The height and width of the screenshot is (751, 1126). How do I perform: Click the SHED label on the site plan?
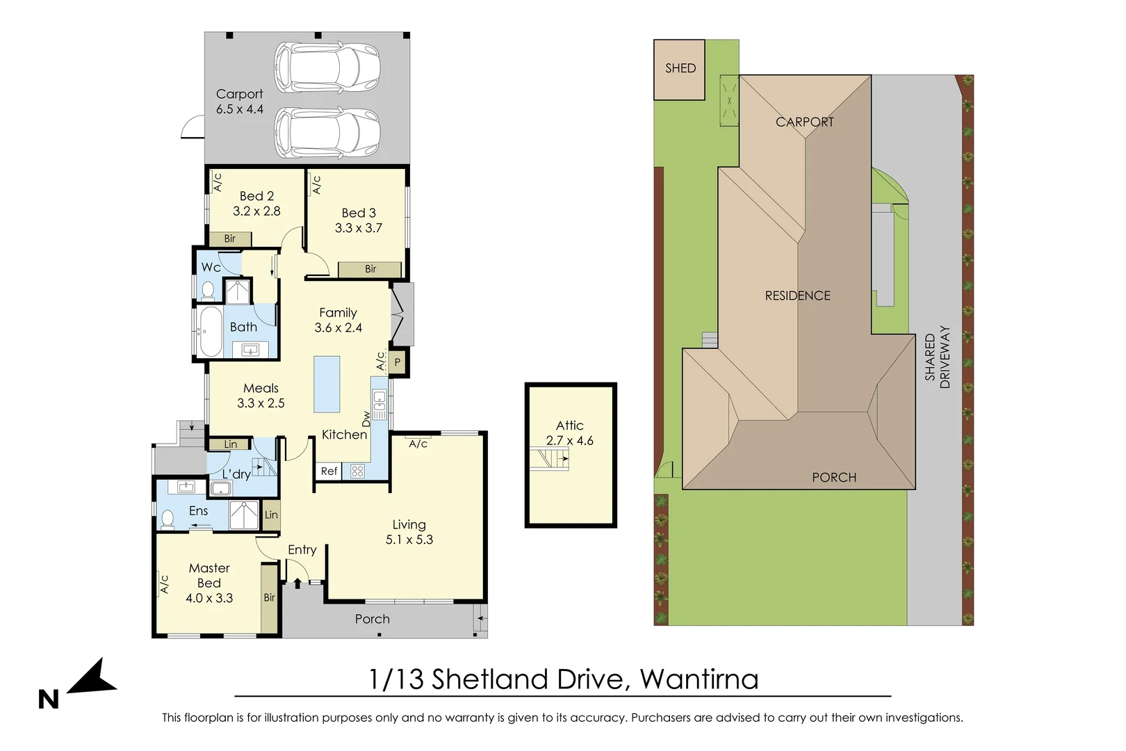[x=680, y=68]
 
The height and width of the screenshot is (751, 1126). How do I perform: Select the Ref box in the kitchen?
[x=329, y=471]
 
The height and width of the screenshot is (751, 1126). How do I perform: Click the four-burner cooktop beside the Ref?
[x=357, y=471]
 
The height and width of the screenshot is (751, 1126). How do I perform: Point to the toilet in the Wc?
[x=207, y=290]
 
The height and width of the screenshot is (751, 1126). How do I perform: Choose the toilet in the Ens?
[x=167, y=519]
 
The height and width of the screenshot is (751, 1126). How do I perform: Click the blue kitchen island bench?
[x=327, y=385]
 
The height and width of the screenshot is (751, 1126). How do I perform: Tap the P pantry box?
[x=397, y=362]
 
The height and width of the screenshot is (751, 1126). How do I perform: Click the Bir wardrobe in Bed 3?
[x=370, y=269]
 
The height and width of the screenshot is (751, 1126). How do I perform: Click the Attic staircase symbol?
[x=549, y=459]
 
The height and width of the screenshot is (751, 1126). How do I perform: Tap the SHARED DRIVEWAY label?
[x=938, y=357]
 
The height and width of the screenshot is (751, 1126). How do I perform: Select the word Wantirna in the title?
[x=699, y=679]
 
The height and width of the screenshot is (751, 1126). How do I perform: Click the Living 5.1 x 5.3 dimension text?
[x=409, y=532]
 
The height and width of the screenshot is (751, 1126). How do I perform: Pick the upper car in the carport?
[x=327, y=67]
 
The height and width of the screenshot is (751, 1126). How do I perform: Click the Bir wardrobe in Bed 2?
[x=230, y=239]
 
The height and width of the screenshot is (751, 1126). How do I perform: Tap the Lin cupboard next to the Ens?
[x=271, y=515]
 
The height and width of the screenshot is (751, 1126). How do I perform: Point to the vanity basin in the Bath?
[x=250, y=348]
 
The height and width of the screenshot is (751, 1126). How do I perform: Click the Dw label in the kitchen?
[x=366, y=419]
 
